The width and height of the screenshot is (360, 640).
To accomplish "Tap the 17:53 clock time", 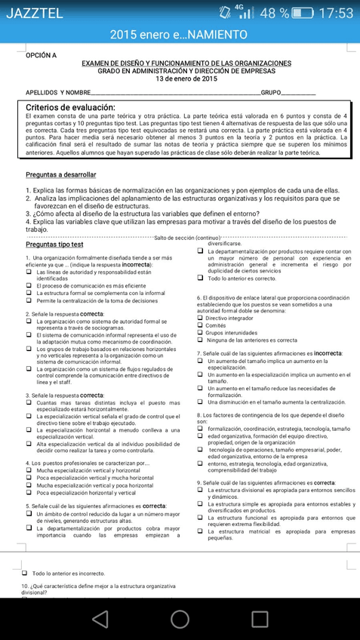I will [336, 13].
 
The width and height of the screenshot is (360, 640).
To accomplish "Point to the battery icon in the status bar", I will [303, 13].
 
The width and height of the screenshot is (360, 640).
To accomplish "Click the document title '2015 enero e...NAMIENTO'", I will [179, 35].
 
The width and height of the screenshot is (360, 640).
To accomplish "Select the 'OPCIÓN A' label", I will [41, 55].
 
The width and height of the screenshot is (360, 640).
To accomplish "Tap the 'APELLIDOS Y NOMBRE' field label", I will [57, 93].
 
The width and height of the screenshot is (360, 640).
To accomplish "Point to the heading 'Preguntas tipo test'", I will [54, 245].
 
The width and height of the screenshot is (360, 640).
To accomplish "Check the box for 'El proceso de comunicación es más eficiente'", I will [29, 286].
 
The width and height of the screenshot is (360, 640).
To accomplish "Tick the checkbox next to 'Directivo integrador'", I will [200, 318].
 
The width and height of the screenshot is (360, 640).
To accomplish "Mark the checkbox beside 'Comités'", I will [200, 325].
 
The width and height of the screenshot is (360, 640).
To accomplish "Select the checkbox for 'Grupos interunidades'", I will [200, 333].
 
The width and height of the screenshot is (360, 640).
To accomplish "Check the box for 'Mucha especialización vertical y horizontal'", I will [29, 470].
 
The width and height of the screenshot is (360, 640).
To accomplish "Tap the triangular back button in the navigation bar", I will [98, 620].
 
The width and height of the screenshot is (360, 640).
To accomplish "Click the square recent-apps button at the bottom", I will [260, 620].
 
